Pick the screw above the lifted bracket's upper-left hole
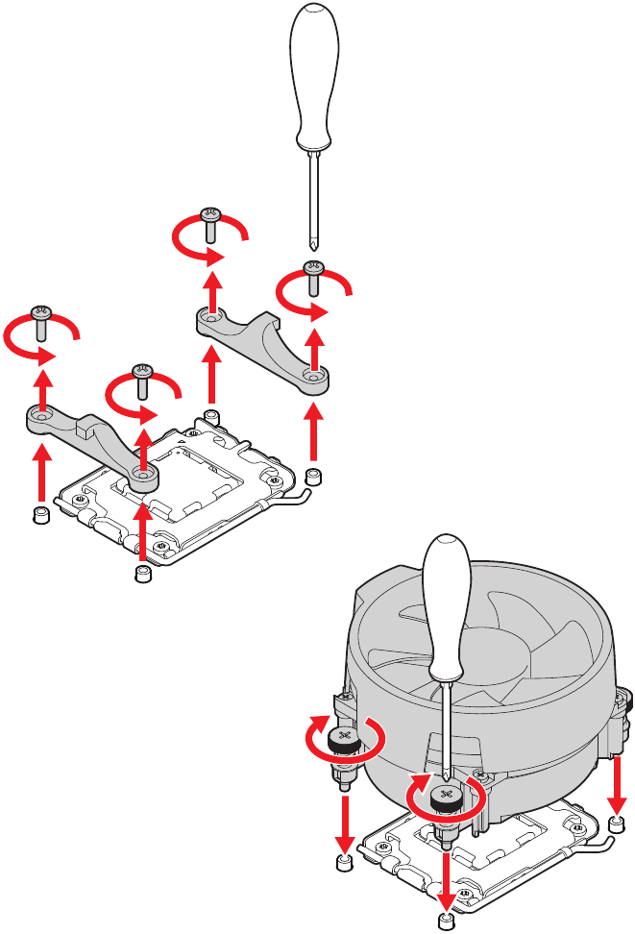(211, 221)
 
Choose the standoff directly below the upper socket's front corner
(143, 575)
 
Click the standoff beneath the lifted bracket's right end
(313, 477)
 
